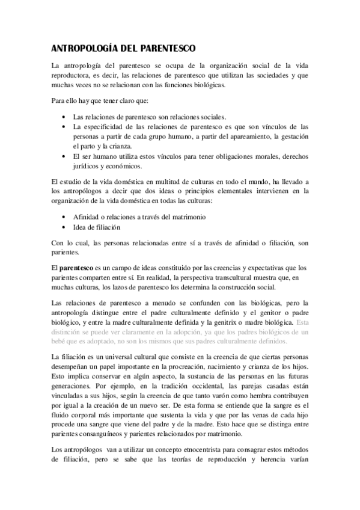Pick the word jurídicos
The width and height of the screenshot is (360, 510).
pos(88,166)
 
